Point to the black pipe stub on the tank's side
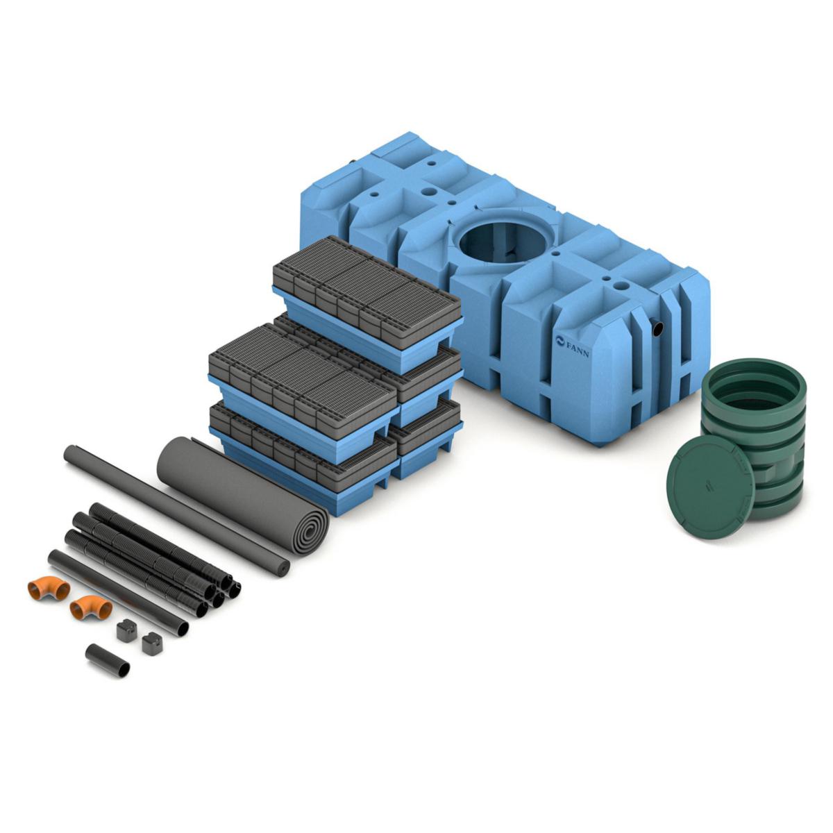[x=658, y=328]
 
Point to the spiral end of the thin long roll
[x=283, y=569]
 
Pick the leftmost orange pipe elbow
[x=47, y=589]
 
